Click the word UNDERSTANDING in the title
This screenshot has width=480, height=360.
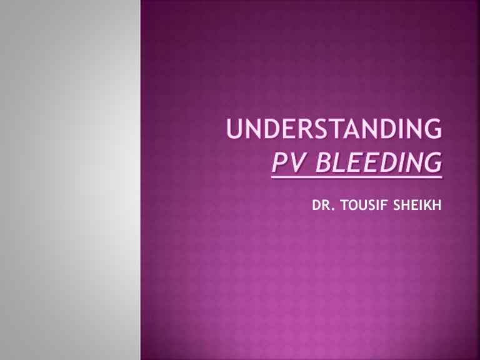tap(334, 131)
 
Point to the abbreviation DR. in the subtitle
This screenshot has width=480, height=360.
tap(322, 203)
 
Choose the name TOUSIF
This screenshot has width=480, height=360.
tap(361, 203)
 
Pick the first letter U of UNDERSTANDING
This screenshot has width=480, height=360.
tap(234, 131)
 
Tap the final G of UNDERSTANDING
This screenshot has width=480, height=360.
tap(432, 131)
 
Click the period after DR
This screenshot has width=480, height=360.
tap(331, 207)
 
